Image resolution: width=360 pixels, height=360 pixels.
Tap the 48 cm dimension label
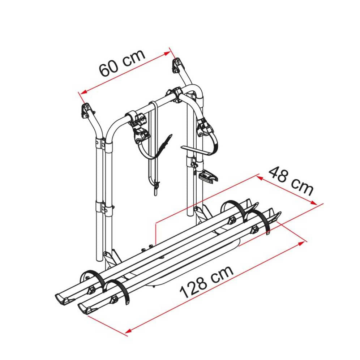(291, 181)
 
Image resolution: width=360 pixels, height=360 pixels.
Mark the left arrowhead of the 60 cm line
(83, 92)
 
